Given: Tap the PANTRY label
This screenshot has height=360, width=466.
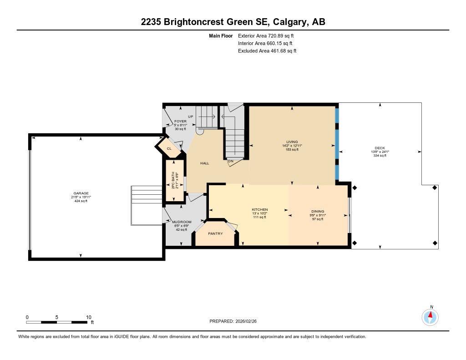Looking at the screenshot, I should (215, 233).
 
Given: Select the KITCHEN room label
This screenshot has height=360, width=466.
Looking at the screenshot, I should (260, 210).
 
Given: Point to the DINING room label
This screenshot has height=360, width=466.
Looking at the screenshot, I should (318, 211).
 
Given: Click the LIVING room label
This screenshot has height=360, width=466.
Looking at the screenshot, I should (292, 142).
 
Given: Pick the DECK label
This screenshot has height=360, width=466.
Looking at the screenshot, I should (380, 148).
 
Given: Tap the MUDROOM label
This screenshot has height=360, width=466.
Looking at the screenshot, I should (182, 222).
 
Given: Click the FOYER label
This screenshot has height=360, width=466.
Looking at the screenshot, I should (180, 121).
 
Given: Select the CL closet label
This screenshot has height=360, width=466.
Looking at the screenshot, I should (168, 148).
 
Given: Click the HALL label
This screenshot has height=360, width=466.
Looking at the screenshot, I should (205, 163).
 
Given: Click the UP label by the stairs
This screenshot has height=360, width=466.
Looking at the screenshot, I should (191, 117).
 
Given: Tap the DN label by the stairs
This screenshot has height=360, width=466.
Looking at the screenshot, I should (231, 161).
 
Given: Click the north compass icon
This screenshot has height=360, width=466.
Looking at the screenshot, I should (430, 316).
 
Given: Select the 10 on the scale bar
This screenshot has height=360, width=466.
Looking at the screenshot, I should (89, 317).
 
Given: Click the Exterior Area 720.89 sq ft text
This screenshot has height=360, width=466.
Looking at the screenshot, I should (269, 35).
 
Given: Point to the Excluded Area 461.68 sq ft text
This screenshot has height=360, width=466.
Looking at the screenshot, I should (267, 51).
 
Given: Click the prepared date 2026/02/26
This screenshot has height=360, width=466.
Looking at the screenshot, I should (248, 321).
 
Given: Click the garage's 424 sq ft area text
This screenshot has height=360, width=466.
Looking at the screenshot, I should (81, 201).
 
